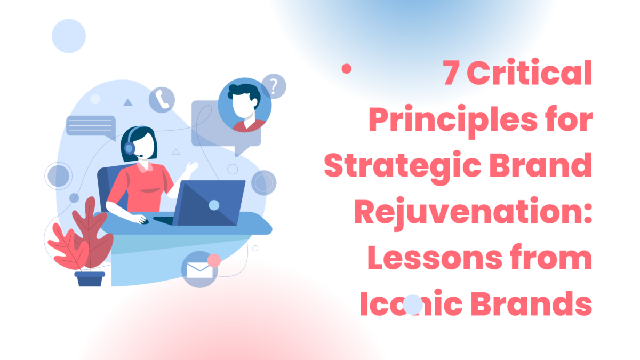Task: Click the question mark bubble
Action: [274, 86]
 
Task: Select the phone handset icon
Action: [162, 100]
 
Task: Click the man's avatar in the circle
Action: [245, 105]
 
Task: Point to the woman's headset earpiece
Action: [130, 147]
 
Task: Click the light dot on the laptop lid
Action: [214, 205]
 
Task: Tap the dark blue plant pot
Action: [89, 278]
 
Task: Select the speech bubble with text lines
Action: [91, 126]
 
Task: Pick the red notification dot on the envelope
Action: [214, 260]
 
